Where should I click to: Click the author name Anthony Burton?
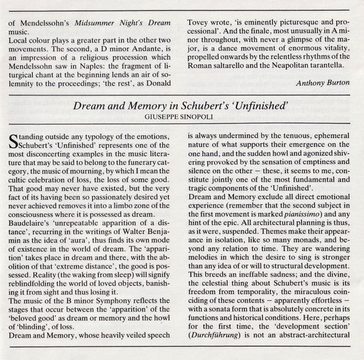pos(324,82)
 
